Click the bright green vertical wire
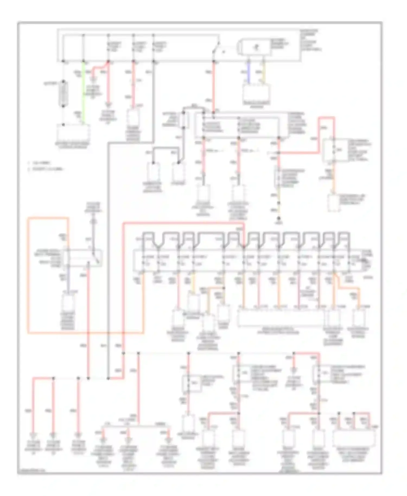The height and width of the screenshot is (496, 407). (x=83, y=92)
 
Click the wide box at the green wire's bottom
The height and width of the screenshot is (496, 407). (x=73, y=133)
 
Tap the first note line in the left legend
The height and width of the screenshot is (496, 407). (x=41, y=163)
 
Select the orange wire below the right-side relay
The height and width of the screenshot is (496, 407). (x=334, y=179)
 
